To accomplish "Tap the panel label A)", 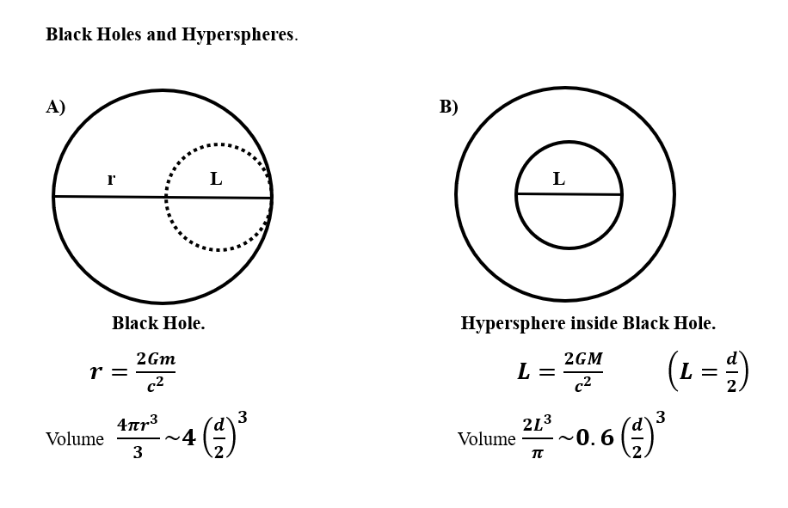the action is tap(55, 107).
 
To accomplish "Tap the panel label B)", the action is tap(448, 107).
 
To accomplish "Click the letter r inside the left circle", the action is tap(111, 179).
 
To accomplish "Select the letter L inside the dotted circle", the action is tap(216, 178).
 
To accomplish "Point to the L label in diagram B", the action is tap(558, 178).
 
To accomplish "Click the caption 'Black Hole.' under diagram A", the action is tap(158, 323).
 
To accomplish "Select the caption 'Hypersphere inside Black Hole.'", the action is tap(588, 323).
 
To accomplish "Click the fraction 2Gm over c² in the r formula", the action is tap(156, 372).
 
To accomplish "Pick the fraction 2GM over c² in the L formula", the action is tap(583, 372).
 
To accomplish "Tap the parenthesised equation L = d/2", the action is tap(709, 371).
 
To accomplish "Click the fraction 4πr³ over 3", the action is tap(138, 438).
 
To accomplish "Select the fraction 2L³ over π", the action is tap(537, 438).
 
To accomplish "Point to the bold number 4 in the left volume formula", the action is tap(188, 438).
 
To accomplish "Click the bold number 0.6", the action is tap(594, 438).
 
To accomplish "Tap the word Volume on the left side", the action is tap(75, 439).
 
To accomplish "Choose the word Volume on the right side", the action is tap(486, 439).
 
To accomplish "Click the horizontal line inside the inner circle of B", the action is tap(569, 193).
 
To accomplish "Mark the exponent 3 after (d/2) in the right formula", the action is tap(661, 417).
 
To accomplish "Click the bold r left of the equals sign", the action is tap(96, 372).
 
